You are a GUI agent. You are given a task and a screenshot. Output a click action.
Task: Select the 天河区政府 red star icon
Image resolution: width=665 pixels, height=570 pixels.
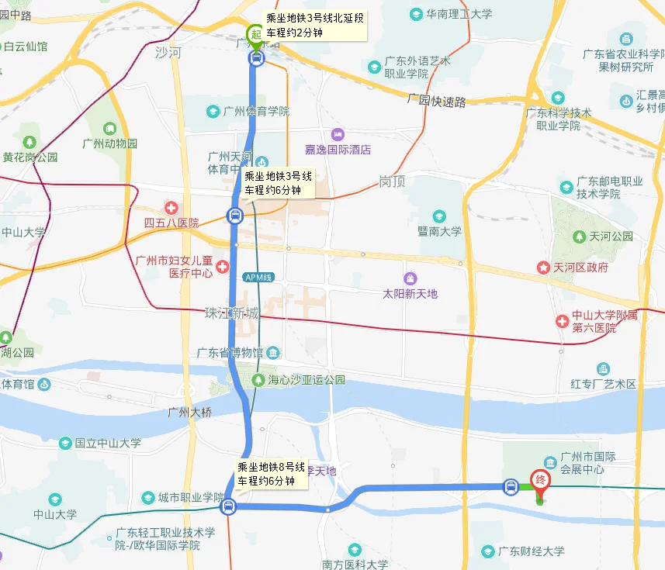[x=543, y=268]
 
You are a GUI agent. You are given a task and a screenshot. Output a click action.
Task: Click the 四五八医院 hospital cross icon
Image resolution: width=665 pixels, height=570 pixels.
[x=171, y=208]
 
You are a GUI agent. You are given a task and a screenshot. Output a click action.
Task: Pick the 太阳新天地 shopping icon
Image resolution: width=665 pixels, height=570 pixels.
[x=410, y=278]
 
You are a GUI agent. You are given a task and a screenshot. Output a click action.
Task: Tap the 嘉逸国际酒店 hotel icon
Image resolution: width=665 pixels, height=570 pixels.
[x=337, y=135]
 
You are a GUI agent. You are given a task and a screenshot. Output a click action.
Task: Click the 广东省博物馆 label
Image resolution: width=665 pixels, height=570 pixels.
[x=230, y=353]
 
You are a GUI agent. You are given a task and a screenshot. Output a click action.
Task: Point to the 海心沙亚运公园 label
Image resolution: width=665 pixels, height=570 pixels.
[x=306, y=380]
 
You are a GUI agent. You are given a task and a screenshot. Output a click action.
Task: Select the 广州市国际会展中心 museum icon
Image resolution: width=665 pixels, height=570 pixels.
[x=549, y=462]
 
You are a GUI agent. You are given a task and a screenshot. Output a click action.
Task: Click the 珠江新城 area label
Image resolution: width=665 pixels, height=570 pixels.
[x=231, y=313]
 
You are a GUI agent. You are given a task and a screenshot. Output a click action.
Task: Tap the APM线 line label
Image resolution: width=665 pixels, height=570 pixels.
[x=258, y=277]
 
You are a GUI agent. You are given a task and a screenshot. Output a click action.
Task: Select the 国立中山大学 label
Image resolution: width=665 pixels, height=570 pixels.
[x=108, y=443]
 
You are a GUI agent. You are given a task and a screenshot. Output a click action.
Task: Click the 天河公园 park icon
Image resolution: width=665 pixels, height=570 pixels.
[x=579, y=236]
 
